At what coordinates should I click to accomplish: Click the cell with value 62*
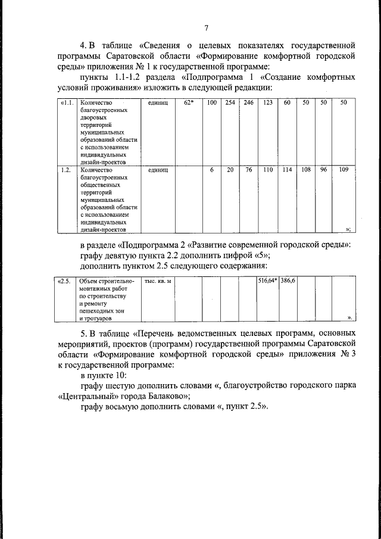pyautogui.click(x=189, y=103)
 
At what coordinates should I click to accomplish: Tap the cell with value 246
pyautogui.click(x=248, y=103)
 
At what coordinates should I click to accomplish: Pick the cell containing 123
pyautogui.click(x=268, y=103)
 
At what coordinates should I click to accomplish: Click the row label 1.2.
pyautogui.click(x=67, y=170)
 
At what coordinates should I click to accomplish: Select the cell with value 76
pyautogui.click(x=248, y=170)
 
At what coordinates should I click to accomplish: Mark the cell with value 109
pyautogui.click(x=343, y=170)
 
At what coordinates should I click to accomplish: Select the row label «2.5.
pyautogui.click(x=65, y=280)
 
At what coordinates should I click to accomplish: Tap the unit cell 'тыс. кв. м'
pyautogui.click(x=158, y=280)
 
